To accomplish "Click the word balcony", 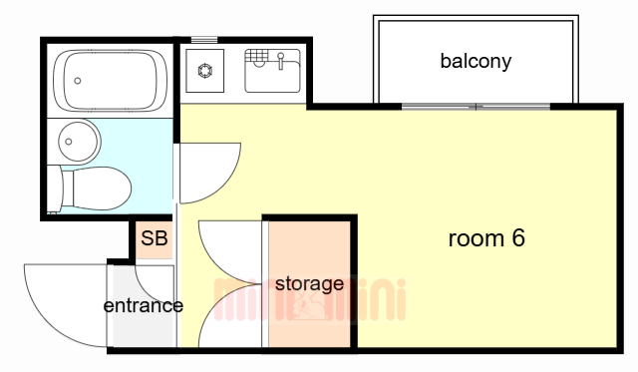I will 476,61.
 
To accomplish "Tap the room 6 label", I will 486,238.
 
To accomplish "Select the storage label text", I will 309,284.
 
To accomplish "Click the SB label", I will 154,238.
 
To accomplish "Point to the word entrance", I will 143,305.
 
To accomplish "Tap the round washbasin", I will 77,140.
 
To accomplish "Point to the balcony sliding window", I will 477,105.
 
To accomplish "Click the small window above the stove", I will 204,39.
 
